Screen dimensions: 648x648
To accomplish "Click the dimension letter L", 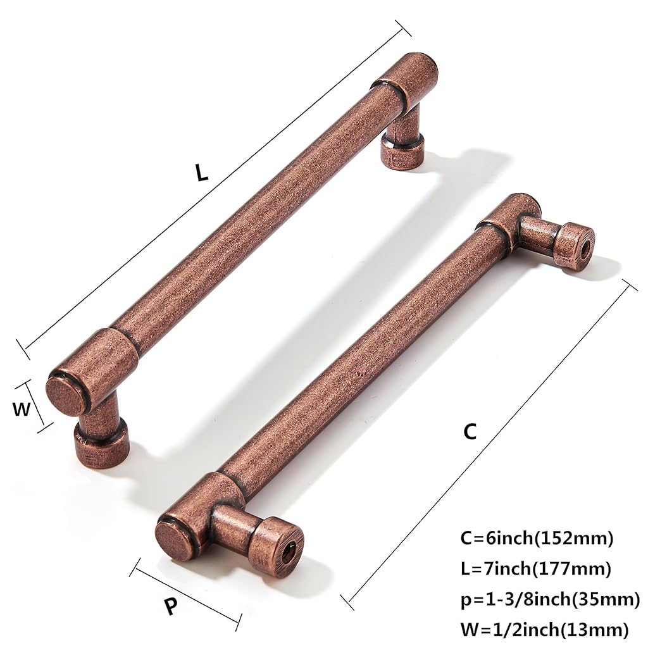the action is [202, 172].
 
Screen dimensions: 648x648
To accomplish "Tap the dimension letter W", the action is [22, 409].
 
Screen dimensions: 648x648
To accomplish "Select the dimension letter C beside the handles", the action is [470, 432].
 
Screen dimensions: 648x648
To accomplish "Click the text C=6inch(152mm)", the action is [537, 539].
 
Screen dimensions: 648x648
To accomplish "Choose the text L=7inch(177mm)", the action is [535, 569].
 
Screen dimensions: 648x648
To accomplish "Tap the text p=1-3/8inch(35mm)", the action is [550, 600].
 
